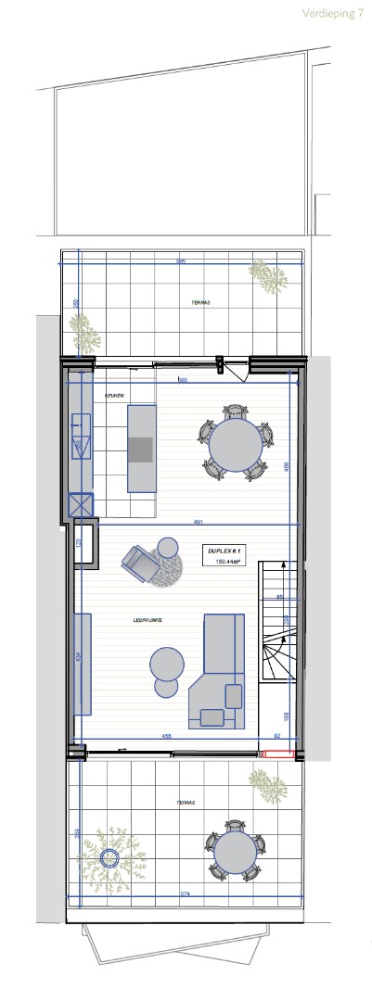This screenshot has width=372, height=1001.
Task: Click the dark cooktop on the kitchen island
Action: [141, 450]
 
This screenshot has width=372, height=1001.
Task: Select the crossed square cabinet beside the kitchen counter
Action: [81, 505]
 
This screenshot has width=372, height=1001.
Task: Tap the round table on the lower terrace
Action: [234, 852]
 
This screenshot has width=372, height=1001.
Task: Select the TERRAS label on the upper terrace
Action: [188, 303]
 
